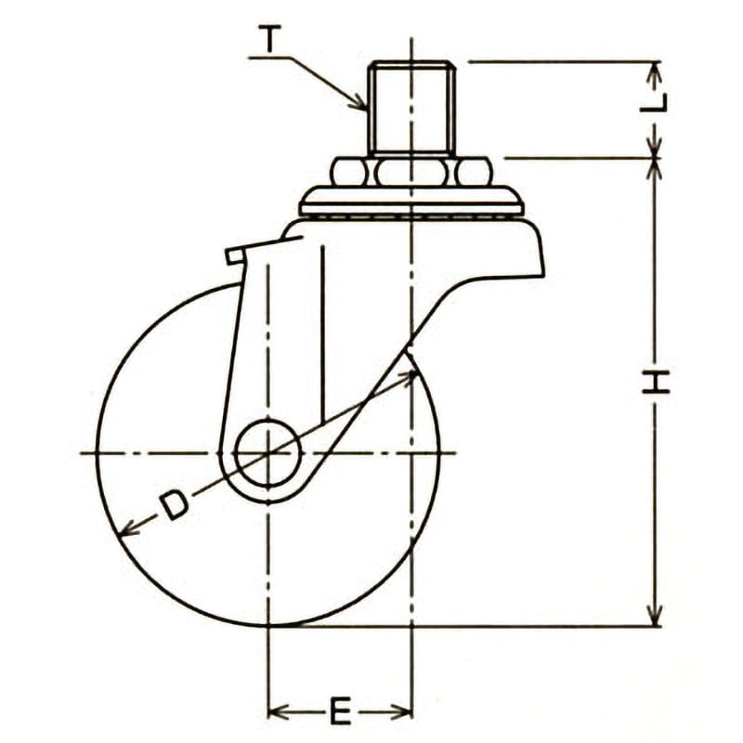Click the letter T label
[270, 38]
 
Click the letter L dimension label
[654, 103]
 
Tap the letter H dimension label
[656, 383]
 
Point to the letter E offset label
[340, 710]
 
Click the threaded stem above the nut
[410, 108]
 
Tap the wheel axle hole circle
[268, 452]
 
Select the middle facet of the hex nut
[411, 172]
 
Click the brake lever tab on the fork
[236, 255]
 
